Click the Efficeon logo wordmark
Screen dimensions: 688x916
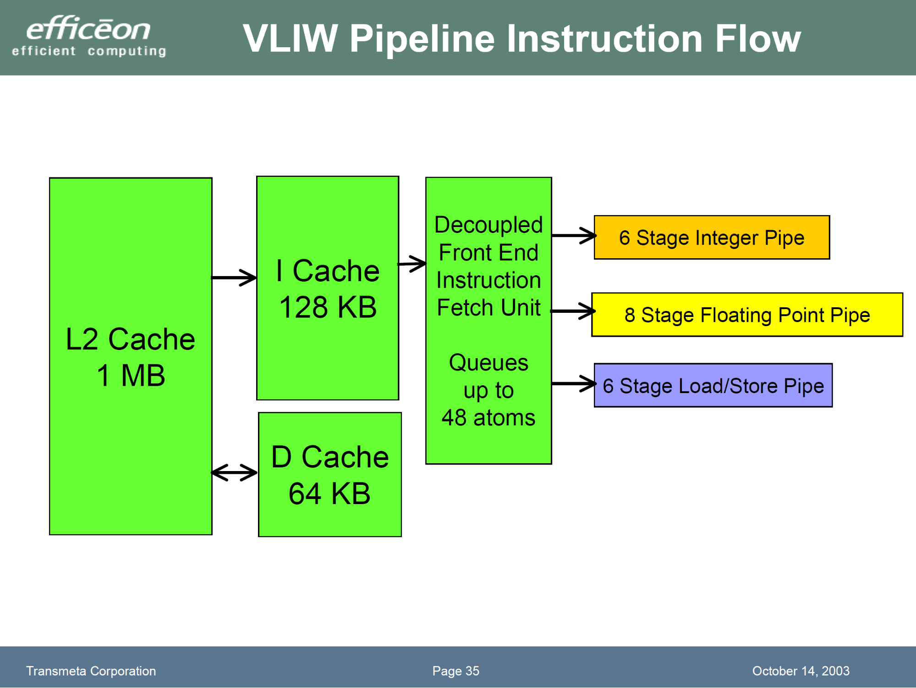88,29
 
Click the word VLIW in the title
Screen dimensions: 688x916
290,39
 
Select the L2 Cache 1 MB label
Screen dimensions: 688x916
131,357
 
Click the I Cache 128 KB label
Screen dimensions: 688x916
328,289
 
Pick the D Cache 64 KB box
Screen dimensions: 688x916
330,475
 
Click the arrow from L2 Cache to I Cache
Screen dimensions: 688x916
234,277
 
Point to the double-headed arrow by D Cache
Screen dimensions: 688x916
234,472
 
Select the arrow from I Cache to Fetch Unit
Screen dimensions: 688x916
412,264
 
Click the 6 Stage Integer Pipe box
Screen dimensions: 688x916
712,238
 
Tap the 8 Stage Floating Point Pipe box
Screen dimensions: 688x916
747,315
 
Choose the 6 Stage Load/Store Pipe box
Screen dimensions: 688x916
713,386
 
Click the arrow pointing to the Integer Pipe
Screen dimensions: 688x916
573,236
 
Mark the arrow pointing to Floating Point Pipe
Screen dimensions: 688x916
572,311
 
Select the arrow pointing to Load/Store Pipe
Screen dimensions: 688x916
573,383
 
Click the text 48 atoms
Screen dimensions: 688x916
488,418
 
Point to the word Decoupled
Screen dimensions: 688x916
488,225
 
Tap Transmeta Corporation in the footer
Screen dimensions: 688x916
91,671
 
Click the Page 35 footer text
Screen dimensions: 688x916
455,671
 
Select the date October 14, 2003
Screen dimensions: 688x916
801,671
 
